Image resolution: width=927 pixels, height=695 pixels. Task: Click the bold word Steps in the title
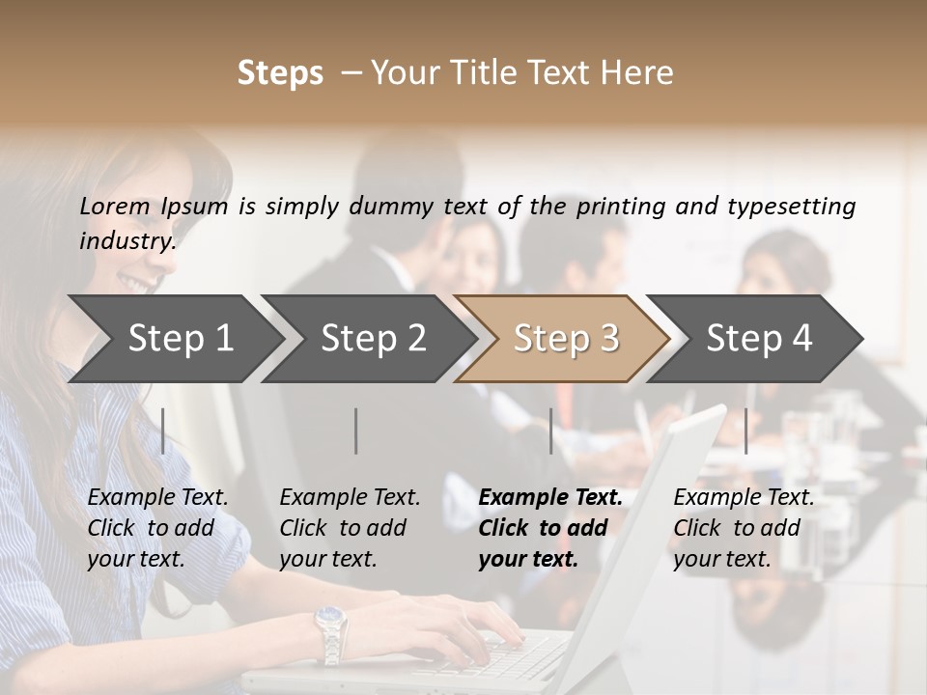coord(280,73)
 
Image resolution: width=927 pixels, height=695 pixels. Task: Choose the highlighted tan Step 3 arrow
coord(566,339)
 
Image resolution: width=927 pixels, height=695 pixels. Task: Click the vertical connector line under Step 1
coord(163,431)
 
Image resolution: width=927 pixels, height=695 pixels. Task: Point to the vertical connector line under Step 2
coord(356,431)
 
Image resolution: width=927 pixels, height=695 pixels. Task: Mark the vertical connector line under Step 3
coord(551,431)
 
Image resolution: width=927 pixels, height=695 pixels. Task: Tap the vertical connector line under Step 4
coord(746,431)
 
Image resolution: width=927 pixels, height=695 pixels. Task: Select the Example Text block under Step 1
coord(157,528)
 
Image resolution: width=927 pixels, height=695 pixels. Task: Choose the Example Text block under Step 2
coord(350,528)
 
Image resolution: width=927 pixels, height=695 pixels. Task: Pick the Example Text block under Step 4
coord(744,528)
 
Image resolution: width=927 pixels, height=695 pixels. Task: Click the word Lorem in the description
coord(115,207)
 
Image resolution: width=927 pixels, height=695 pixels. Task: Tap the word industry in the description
coord(126,241)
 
